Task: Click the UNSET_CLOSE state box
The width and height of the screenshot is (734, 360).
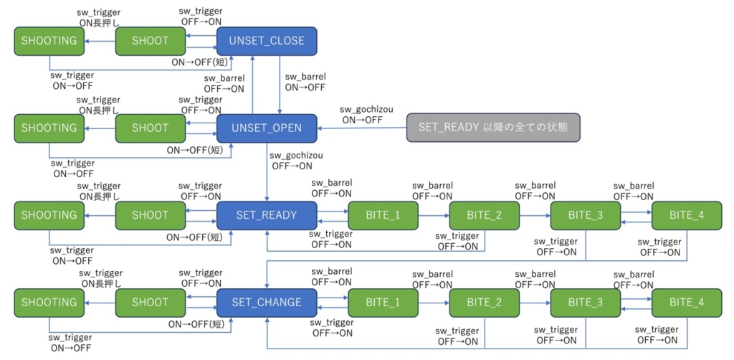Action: pos(267,41)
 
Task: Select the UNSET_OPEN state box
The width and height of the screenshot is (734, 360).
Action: pos(267,128)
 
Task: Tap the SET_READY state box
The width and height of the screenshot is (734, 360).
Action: pos(267,214)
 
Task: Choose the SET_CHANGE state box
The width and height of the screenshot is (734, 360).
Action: pos(267,302)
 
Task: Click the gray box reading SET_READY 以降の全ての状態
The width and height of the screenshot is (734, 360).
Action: pos(492,128)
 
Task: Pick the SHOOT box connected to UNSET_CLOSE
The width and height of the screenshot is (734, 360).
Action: pos(151,41)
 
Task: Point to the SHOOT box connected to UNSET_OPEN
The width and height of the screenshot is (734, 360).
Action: pos(151,128)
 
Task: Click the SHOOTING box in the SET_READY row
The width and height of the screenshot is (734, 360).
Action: pos(49,214)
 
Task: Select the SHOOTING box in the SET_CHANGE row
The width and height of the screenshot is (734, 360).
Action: pos(49,302)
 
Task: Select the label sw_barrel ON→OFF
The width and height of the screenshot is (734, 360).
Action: pos(305,82)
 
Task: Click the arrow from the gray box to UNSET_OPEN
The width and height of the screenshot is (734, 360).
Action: pos(362,128)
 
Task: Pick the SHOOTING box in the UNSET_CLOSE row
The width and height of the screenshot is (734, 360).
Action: pos(49,41)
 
